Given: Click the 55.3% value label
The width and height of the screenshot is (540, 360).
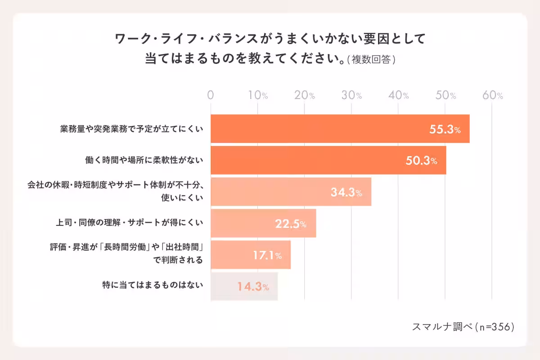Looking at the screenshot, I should (445, 130).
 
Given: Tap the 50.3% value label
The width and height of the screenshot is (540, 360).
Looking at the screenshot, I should (421, 161).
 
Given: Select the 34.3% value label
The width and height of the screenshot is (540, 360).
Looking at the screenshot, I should (346, 192).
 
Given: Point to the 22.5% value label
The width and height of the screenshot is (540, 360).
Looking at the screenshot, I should (291, 224).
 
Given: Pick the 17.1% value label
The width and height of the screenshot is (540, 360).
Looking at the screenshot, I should (267, 255).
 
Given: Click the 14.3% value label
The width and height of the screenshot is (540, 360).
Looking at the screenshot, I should (253, 287).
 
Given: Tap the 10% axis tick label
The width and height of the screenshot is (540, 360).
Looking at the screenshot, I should (258, 95).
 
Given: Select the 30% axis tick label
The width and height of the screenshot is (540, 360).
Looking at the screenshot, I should (352, 95).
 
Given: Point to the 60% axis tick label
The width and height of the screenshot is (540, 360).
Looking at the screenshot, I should (493, 95).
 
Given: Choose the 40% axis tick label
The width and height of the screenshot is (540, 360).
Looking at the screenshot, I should (399, 95).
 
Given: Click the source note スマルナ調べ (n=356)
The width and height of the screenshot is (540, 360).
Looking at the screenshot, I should (463, 327).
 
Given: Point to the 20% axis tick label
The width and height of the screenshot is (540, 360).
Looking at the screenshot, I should (305, 95).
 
